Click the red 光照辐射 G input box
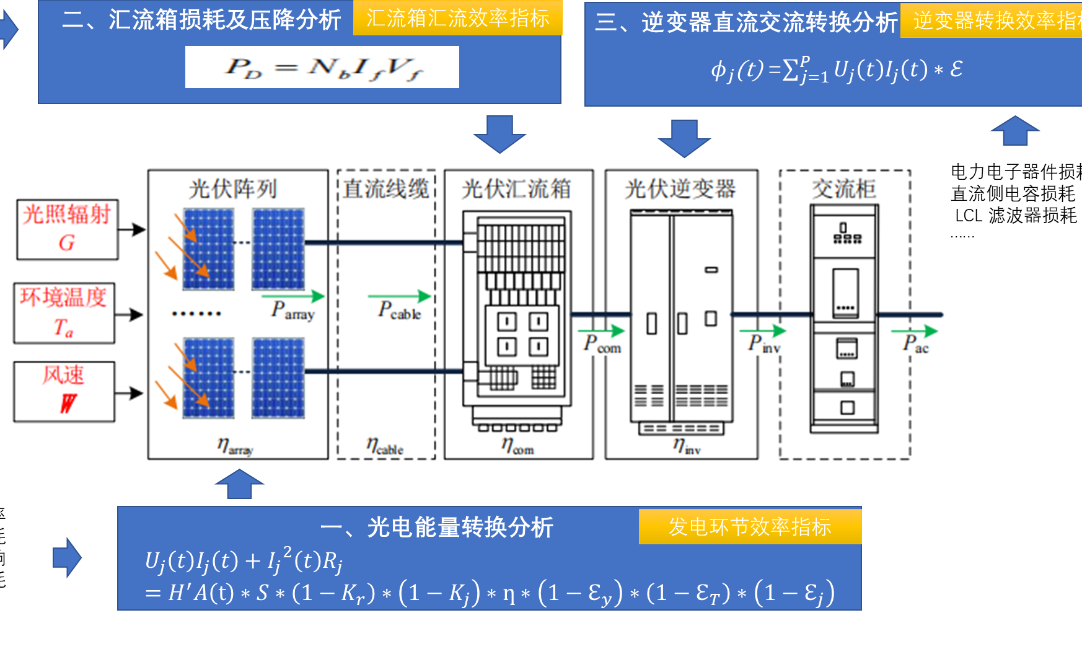pyautogui.click(x=67, y=229)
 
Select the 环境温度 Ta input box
pyautogui.click(x=64, y=313)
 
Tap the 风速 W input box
pyautogui.click(x=64, y=392)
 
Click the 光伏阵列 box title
pyautogui.click(x=233, y=189)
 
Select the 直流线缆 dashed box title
pyautogui.click(x=386, y=189)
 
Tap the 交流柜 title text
pyautogui.click(x=844, y=189)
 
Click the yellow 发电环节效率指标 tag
pyautogui.click(x=750, y=527)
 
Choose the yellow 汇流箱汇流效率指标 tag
pyautogui.click(x=457, y=19)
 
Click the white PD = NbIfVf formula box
pyautogui.click(x=322, y=67)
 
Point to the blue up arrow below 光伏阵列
pyautogui.click(x=239, y=484)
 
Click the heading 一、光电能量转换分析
pyautogui.click(x=437, y=528)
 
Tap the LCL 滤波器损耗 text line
pyautogui.click(x=1016, y=216)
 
